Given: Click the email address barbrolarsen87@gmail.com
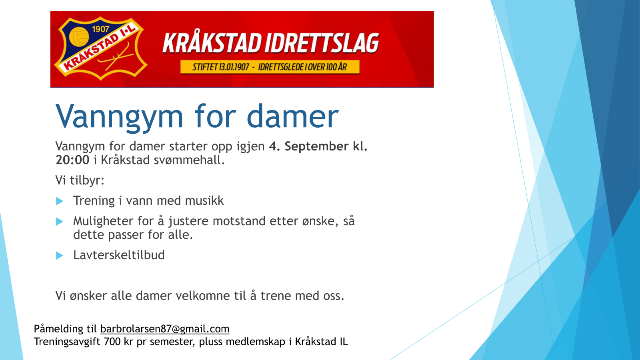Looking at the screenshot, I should (x=164, y=329).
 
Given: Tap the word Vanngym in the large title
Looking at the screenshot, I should (x=119, y=117).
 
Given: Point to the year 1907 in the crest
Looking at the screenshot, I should (x=100, y=29).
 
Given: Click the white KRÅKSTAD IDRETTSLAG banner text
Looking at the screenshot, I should (x=270, y=43).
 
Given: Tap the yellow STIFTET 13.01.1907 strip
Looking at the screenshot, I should (x=270, y=67).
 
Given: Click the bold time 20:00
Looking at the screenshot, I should (x=72, y=160).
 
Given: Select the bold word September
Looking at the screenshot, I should (x=316, y=146).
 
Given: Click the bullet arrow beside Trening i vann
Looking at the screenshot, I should (x=60, y=201).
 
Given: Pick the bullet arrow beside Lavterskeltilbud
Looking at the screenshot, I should (x=60, y=255).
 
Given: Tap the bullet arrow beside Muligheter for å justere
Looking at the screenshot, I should (x=60, y=221).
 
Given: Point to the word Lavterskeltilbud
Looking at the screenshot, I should (x=119, y=255).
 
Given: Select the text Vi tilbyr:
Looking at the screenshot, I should (x=80, y=180).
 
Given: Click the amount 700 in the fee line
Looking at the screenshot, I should (x=112, y=342).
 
